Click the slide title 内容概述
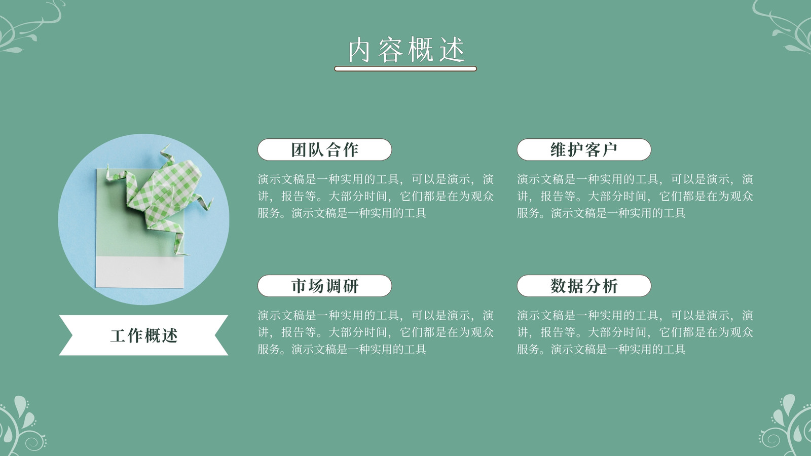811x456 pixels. (406, 50)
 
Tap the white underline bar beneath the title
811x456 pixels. (405, 69)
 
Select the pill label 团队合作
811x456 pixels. (325, 149)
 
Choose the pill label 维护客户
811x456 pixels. (584, 149)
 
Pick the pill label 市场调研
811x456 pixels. (325, 286)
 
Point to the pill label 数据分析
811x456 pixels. (584, 286)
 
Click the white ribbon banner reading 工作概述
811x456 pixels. (144, 335)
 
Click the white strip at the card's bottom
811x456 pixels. (140, 272)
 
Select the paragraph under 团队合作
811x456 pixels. (376, 196)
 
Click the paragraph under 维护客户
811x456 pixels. (635, 196)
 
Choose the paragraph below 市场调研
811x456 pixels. (376, 332)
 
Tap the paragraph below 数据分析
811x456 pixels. (635, 332)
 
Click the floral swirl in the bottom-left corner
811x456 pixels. (20, 427)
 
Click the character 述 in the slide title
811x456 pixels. (452, 50)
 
